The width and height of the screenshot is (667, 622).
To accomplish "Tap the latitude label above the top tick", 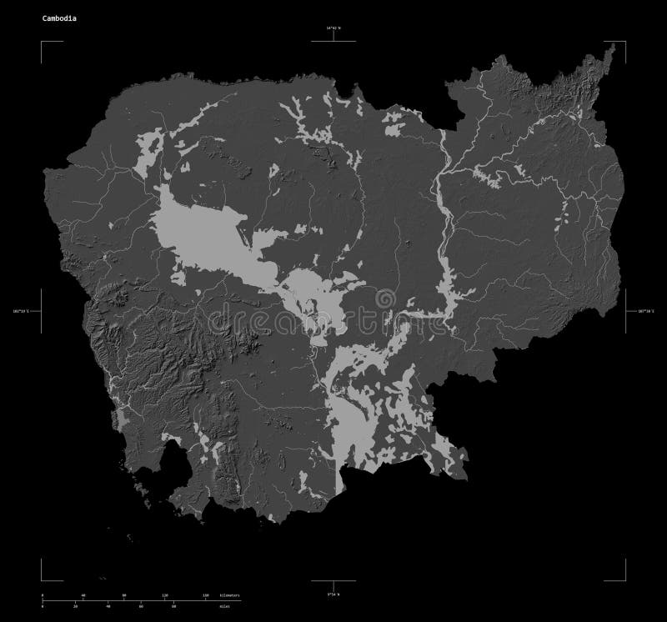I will (x=333, y=29).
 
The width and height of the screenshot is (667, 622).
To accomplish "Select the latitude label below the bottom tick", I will (x=333, y=593).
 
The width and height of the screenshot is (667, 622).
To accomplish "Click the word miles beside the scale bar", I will (x=225, y=607).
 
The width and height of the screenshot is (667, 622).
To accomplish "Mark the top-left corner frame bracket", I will (x=42, y=42).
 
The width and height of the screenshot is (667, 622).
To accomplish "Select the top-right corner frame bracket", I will (x=624, y=42).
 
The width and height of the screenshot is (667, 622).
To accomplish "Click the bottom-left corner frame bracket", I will (x=42, y=580).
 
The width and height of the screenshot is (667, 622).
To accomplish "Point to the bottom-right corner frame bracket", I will (x=624, y=580).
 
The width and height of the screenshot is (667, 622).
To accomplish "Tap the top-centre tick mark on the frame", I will (x=333, y=39).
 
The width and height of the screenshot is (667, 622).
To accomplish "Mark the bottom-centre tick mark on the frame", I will (x=333, y=582).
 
